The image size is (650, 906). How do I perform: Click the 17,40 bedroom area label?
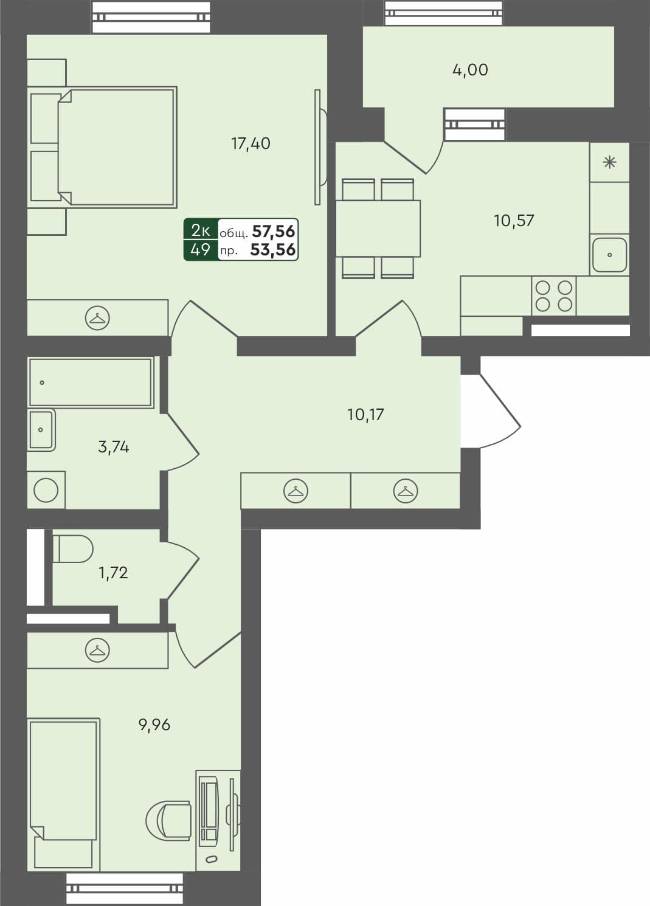click(251, 144)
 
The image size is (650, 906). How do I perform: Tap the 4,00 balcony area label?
click(470, 70)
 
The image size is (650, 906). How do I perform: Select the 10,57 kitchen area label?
click(514, 220)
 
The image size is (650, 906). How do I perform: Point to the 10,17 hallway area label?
click(365, 415)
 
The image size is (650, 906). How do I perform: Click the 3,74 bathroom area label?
click(114, 447)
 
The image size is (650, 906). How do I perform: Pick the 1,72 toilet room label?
click(113, 572)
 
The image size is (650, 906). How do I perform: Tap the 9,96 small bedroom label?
click(154, 725)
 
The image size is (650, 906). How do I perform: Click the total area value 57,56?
click(274, 231)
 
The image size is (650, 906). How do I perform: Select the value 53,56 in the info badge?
click(273, 249)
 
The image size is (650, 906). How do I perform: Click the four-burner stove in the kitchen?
click(554, 296)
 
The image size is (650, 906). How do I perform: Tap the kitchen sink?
click(609, 255)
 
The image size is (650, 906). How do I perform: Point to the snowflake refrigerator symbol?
click(609, 162)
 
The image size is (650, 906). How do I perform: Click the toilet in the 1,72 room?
click(72, 548)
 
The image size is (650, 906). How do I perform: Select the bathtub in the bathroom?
click(90, 382)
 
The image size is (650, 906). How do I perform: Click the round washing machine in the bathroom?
click(46, 490)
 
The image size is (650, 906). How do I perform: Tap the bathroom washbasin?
click(41, 429)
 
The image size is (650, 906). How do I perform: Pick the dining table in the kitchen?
click(378, 228)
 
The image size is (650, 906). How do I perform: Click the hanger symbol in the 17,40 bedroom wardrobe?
click(97, 317)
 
